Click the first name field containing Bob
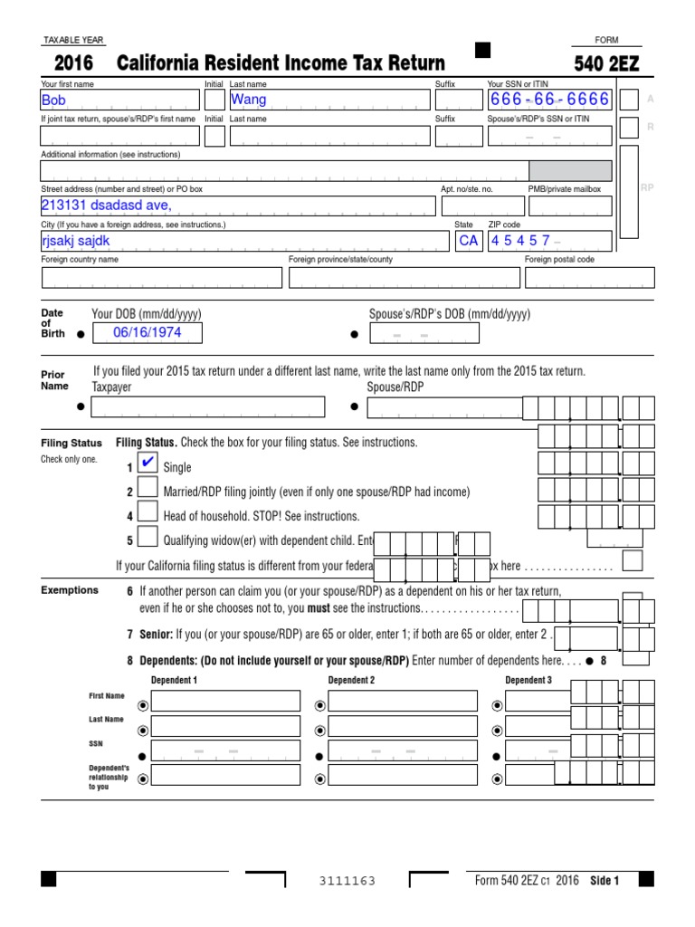pyautogui.click(x=119, y=100)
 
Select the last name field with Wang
pyautogui.click(x=329, y=100)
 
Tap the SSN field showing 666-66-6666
pyautogui.click(x=549, y=100)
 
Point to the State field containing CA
pyautogui.click(x=468, y=241)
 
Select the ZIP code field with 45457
pyautogui.click(x=549, y=241)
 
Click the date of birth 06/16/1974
pyautogui.click(x=148, y=333)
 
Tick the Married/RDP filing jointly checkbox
pyautogui.click(x=148, y=492)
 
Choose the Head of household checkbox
pyautogui.click(x=148, y=516)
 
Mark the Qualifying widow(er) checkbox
pyautogui.click(x=148, y=540)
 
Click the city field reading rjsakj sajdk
pyautogui.click(x=244, y=241)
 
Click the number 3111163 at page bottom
pyautogui.click(x=347, y=882)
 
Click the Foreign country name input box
pyautogui.click(x=161, y=278)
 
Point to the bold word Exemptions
pyautogui.click(x=70, y=590)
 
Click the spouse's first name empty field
pyautogui.click(x=119, y=136)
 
